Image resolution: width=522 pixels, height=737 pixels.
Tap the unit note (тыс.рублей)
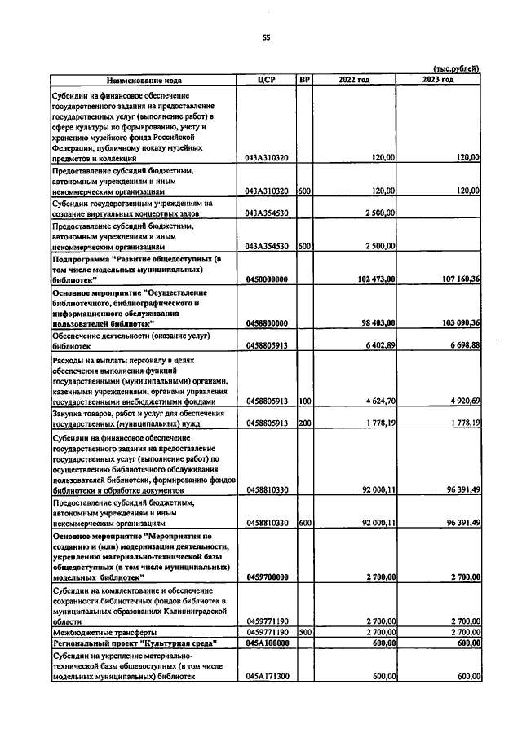click(x=455, y=68)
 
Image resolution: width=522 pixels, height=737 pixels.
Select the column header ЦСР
click(x=268, y=80)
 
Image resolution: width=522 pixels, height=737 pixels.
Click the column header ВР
click(x=304, y=80)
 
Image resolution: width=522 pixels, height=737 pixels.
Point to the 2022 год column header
click(x=354, y=80)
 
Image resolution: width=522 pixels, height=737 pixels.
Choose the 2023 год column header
click(x=438, y=80)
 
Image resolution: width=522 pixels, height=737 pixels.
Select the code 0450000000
click(x=268, y=279)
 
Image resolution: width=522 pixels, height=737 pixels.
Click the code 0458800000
click(x=268, y=322)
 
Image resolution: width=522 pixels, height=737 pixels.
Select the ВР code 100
click(x=304, y=401)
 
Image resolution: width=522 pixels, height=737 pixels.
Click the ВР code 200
click(x=304, y=423)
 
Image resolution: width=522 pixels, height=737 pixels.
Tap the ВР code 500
click(x=304, y=631)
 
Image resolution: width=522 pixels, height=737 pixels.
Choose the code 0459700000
click(x=268, y=577)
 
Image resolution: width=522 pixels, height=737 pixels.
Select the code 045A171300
click(x=268, y=676)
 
